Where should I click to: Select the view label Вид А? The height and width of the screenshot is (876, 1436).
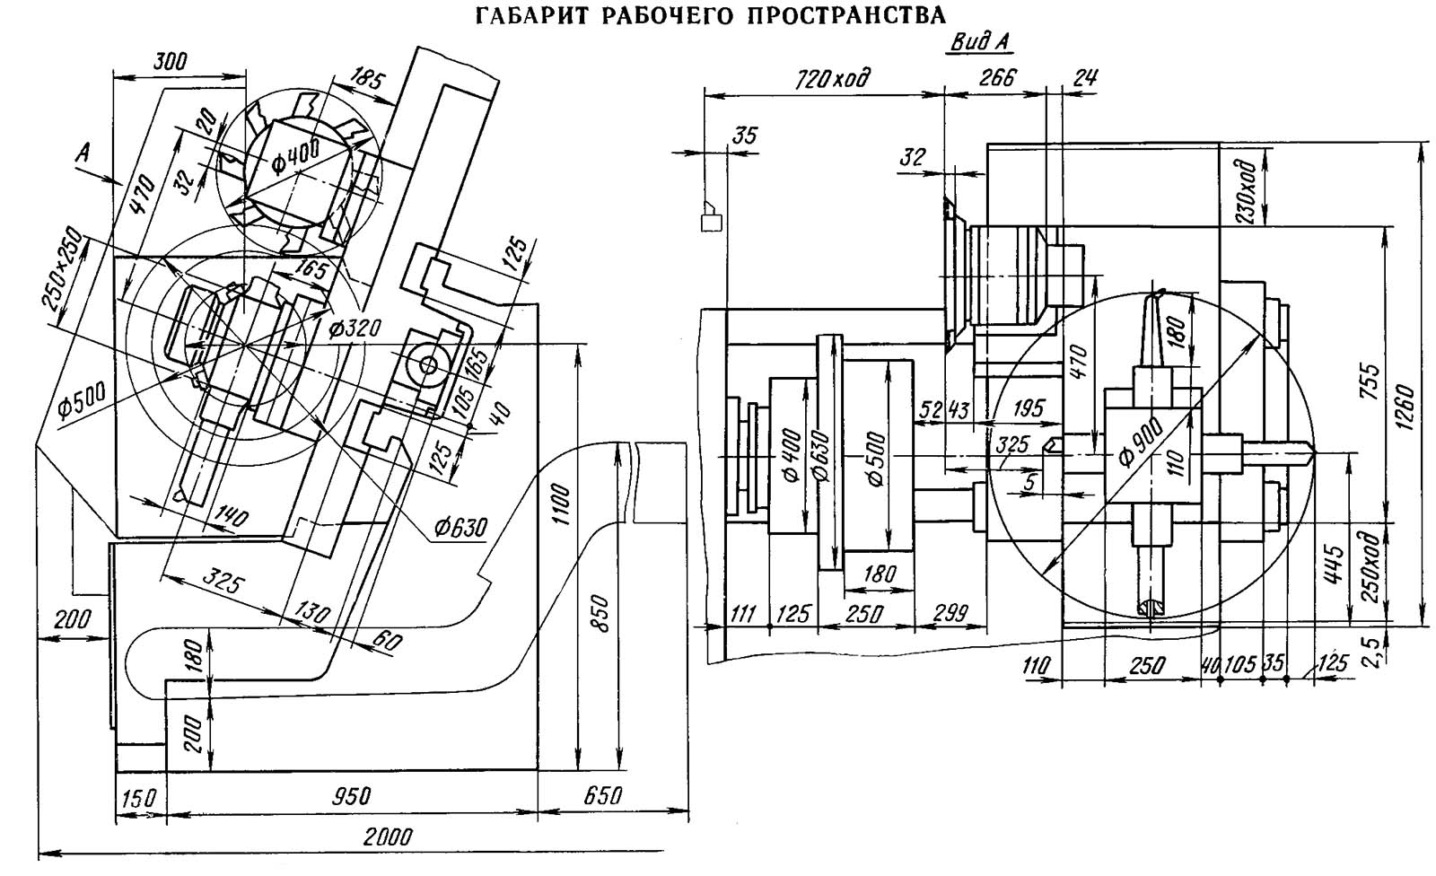980,43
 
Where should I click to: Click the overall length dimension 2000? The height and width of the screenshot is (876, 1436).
388,837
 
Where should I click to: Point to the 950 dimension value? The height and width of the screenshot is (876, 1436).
351,796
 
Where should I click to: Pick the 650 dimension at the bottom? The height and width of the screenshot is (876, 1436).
602,796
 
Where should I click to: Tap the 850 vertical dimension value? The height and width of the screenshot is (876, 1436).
600,614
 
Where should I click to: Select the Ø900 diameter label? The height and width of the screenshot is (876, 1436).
1139,442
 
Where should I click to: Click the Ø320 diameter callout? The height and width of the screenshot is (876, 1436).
355,328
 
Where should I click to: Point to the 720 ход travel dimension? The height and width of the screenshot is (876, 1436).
834,80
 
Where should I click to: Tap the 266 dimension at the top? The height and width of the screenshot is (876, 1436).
997,77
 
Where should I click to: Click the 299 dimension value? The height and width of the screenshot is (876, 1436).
950,614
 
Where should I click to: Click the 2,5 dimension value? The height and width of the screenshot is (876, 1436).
1379,652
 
